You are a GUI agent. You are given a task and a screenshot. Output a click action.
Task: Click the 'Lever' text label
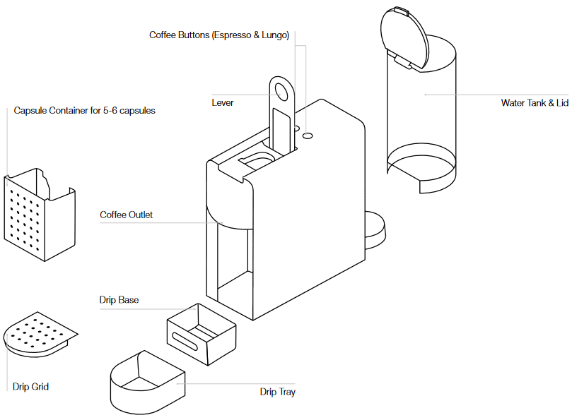click(223, 102)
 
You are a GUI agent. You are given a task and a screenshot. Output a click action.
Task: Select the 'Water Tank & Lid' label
click(535, 102)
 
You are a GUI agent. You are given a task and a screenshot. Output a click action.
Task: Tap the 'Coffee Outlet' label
click(126, 215)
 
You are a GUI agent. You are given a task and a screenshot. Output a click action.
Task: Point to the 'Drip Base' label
click(119, 300)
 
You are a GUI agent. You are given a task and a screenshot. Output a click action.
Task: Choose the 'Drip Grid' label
click(30, 386)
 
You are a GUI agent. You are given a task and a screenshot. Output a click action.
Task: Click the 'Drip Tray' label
click(277, 392)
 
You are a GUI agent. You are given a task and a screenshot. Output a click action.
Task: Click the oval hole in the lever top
click(282, 92)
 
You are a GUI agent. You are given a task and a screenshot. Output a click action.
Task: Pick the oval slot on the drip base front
click(185, 344)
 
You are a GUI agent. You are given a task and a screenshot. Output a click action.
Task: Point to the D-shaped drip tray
click(145, 385)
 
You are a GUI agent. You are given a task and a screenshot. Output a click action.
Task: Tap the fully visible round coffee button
click(308, 133)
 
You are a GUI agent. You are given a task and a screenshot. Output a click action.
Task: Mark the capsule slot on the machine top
click(256, 160)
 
